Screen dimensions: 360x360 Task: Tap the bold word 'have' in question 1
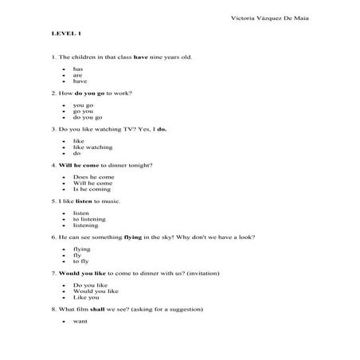pos(141,57)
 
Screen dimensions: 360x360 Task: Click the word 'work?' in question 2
pos(122,93)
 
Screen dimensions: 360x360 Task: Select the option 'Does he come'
pos(93,177)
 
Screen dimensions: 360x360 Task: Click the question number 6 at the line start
pos(52,237)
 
